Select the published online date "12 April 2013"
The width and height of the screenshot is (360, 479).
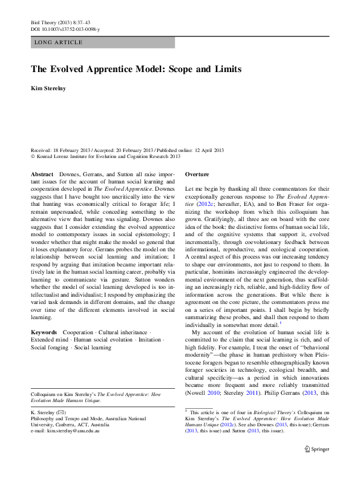pos(205,150)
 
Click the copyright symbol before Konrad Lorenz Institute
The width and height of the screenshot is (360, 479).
pos(33,156)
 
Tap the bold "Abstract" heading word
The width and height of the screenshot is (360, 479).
pos(42,174)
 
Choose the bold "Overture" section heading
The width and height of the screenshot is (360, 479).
pos(197,174)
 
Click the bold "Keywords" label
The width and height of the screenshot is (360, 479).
pos(44,332)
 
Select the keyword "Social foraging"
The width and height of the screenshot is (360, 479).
pos(50,348)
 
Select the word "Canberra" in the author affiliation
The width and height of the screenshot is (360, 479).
pos(64,424)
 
